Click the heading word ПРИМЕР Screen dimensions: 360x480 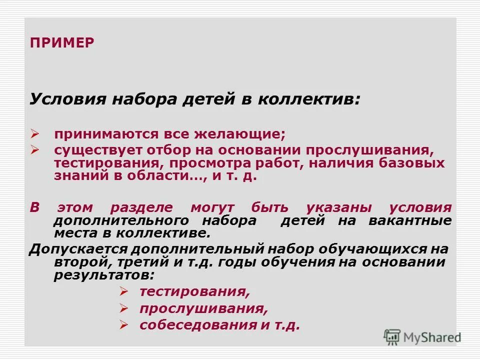click(62, 42)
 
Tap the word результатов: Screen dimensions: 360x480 click(104, 275)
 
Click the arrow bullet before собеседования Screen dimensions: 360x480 click(125, 325)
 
